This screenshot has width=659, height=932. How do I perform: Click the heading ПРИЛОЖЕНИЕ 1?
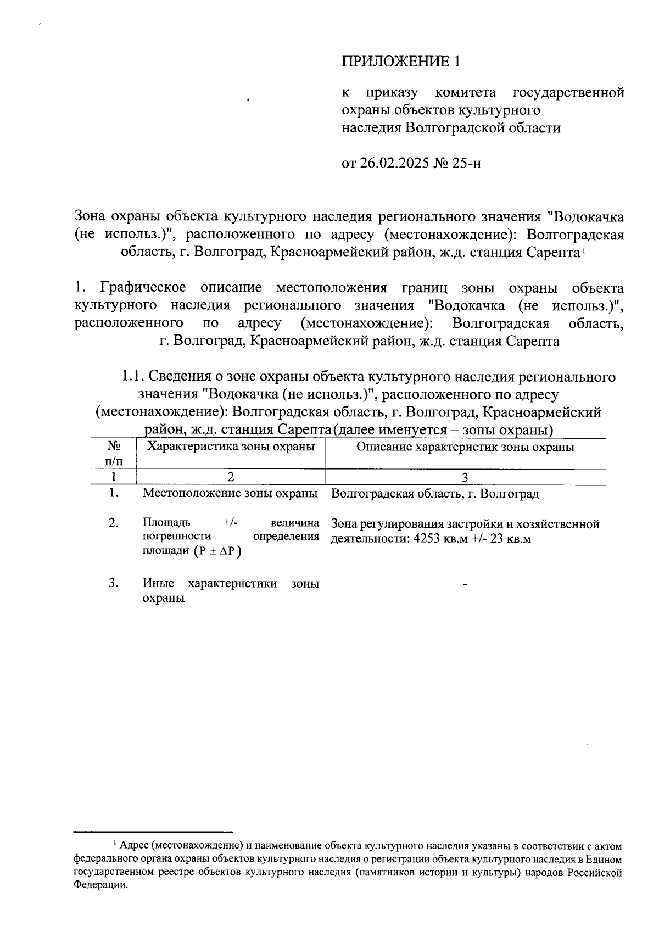pyautogui.click(x=400, y=62)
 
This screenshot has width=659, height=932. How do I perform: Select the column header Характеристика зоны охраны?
pyautogui.click(x=231, y=447)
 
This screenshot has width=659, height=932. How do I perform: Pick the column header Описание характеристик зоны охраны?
pyautogui.click(x=465, y=447)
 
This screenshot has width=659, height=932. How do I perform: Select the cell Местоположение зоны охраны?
pyautogui.click(x=231, y=493)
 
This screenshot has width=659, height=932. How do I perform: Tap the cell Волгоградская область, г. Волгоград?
pyautogui.click(x=435, y=493)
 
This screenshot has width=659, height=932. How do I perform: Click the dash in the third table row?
pyautogui.click(x=465, y=586)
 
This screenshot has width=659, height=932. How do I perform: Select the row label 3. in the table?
pyautogui.click(x=114, y=583)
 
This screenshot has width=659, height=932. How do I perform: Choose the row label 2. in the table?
pyautogui.click(x=114, y=523)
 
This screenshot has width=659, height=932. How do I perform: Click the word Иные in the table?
pyautogui.click(x=158, y=583)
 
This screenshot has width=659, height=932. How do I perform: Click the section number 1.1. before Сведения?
pyautogui.click(x=132, y=377)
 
